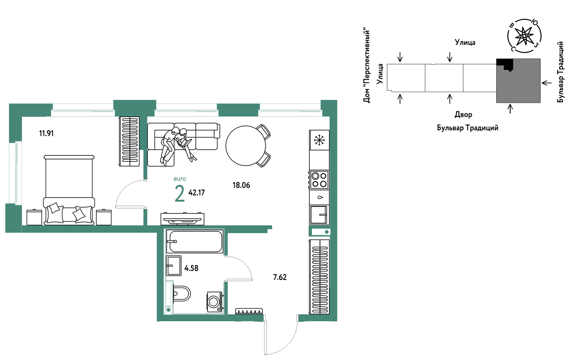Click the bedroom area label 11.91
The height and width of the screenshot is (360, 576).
[x=46, y=133]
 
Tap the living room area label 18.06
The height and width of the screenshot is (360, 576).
[x=241, y=185]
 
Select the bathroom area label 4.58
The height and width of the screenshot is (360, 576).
[x=191, y=268]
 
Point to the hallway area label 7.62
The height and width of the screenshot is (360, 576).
[x=280, y=277]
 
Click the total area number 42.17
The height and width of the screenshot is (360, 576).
[x=197, y=193]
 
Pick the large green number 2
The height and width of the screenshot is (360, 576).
[x=180, y=194]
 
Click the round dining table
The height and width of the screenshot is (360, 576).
[x=246, y=146]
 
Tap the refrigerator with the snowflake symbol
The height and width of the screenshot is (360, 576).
[x=319, y=140]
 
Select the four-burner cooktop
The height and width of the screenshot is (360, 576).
[x=319, y=180]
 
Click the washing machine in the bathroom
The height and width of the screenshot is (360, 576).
[x=215, y=302]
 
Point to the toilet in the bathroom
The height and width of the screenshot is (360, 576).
[x=181, y=294]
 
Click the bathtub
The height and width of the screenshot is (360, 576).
[x=195, y=241]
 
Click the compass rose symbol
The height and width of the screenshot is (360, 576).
[x=524, y=36]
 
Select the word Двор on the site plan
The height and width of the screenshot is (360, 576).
[x=464, y=115]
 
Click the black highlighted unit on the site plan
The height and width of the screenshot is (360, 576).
[x=505, y=64]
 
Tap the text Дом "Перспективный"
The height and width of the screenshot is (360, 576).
[x=367, y=65]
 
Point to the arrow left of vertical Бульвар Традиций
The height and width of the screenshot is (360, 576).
[x=547, y=83]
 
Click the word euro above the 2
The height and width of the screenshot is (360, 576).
[x=180, y=179]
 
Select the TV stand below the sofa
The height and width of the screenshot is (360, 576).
[x=183, y=219]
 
